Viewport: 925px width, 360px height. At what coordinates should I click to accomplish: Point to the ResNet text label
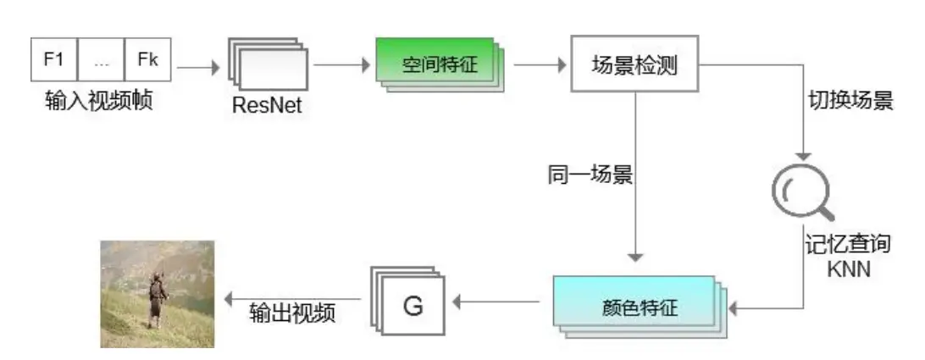(266, 107)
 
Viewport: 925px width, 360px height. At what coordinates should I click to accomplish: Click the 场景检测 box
(634, 64)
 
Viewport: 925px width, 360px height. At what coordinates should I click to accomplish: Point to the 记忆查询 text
(847, 246)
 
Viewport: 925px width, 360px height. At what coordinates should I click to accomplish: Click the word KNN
(847, 270)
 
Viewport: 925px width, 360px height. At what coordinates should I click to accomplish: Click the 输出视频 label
(293, 313)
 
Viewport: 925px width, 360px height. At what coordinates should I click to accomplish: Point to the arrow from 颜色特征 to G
(499, 300)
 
